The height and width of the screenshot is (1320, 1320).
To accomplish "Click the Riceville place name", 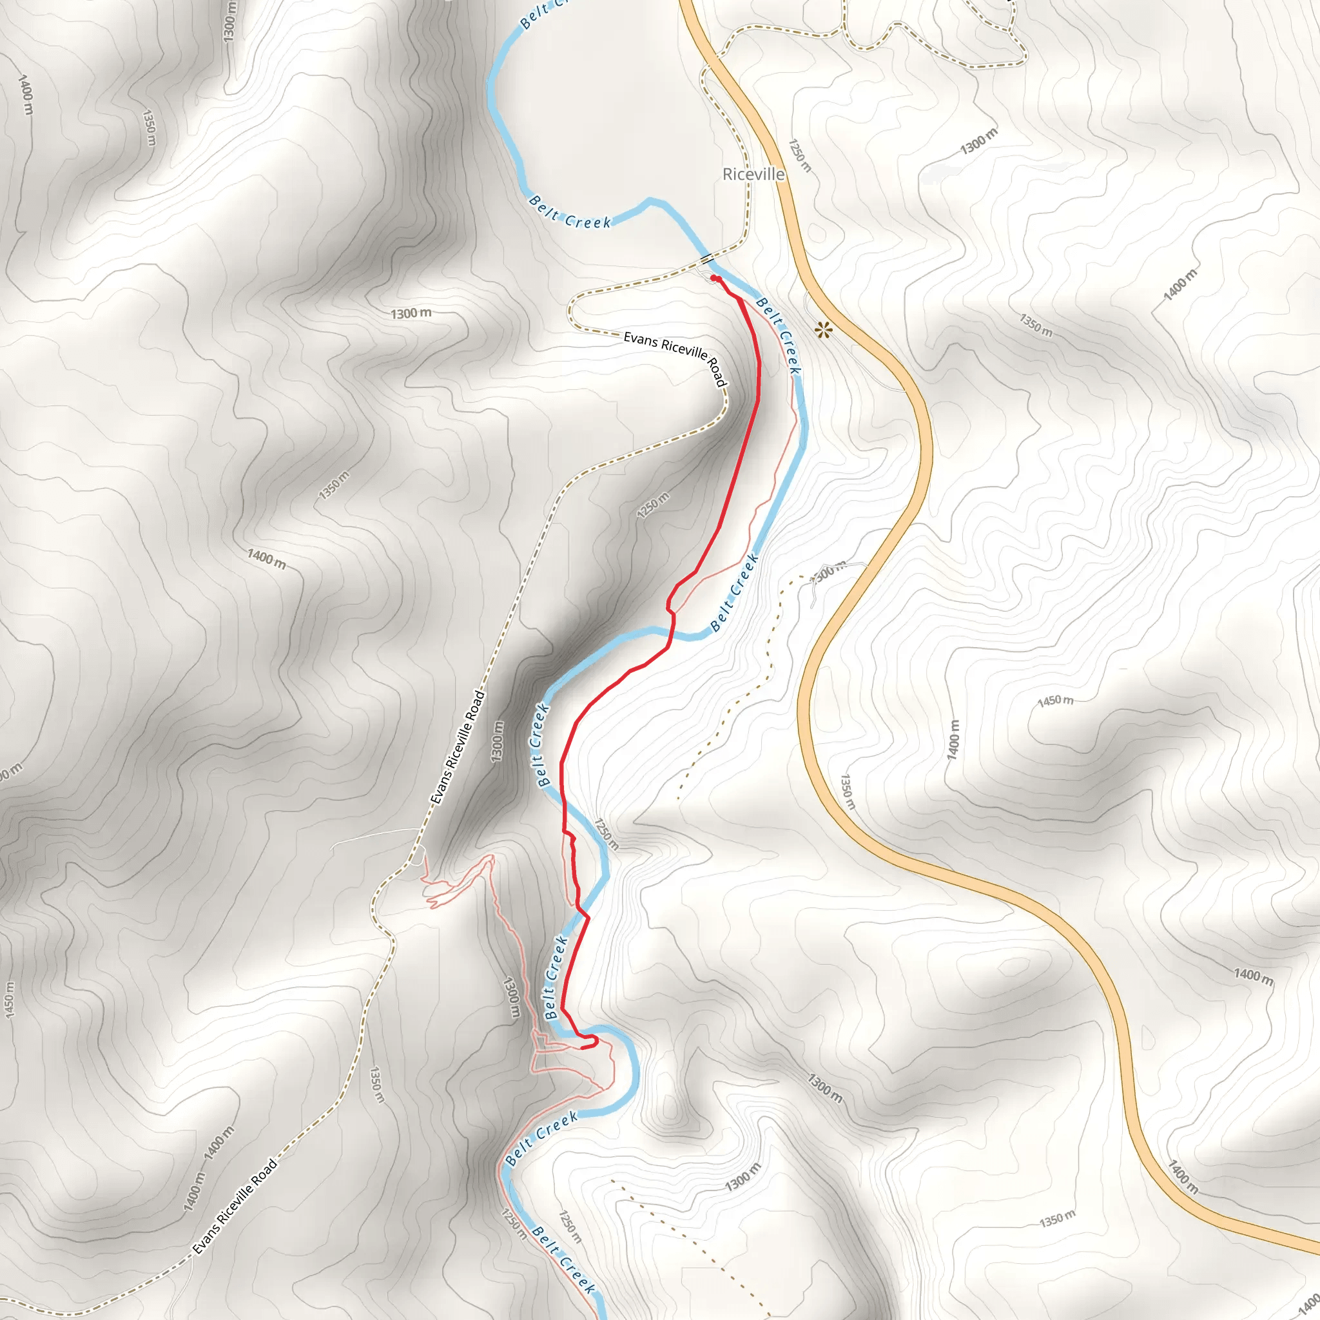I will click(x=753, y=174).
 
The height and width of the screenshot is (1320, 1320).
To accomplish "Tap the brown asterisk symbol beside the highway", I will click(x=824, y=331).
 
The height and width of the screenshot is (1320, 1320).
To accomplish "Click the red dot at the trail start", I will click(x=714, y=278).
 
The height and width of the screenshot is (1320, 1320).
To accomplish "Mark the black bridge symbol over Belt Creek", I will click(x=706, y=258).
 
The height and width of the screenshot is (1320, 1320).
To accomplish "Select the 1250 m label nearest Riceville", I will click(x=800, y=156).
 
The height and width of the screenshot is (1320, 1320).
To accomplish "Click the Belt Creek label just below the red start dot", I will click(x=779, y=335).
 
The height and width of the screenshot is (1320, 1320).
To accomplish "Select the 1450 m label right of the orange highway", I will click(x=1055, y=701).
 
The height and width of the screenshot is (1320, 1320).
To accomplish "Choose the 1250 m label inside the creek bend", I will click(x=606, y=834).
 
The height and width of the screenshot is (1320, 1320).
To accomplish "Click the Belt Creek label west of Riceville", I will click(x=570, y=213).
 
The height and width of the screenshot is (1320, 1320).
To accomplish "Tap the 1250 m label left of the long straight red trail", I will click(x=653, y=505).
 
